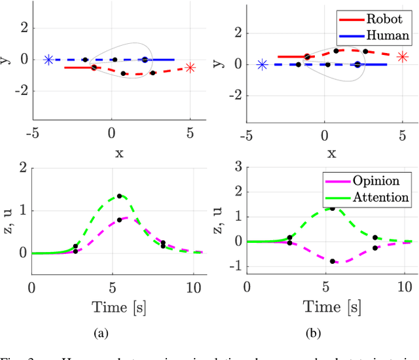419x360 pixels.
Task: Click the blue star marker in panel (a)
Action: [48, 60]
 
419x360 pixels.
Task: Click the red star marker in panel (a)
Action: [190, 67]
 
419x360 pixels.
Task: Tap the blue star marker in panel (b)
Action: [262, 64]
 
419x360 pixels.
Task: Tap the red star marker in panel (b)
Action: [403, 57]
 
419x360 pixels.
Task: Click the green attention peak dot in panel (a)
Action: [119, 196]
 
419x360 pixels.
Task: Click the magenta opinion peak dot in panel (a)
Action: [119, 220]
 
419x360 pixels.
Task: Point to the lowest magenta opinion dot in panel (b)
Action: [333, 261]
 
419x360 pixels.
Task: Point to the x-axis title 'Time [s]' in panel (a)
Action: [115, 306]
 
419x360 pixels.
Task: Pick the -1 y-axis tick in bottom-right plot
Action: [233, 266]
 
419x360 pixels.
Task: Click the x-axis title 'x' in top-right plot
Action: [332, 153]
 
